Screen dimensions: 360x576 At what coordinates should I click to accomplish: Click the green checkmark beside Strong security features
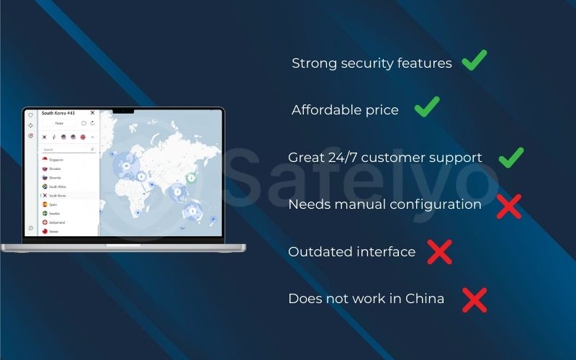click(474, 60)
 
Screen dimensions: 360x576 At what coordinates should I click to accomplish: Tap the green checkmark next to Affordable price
click(427, 108)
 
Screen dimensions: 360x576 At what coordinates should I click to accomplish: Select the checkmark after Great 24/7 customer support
click(510, 156)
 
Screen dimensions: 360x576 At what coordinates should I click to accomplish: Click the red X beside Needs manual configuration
click(508, 206)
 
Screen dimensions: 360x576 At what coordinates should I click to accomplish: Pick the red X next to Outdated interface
click(439, 252)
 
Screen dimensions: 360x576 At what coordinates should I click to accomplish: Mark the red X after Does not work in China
click(474, 300)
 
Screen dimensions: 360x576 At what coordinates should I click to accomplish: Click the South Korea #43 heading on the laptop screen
click(58, 113)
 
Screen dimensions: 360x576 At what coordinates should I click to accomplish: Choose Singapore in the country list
click(56, 159)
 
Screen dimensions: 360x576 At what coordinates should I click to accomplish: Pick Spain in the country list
click(53, 204)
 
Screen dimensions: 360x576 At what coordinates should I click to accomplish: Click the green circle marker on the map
click(192, 176)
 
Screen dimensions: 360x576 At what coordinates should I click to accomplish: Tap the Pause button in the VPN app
click(59, 123)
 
